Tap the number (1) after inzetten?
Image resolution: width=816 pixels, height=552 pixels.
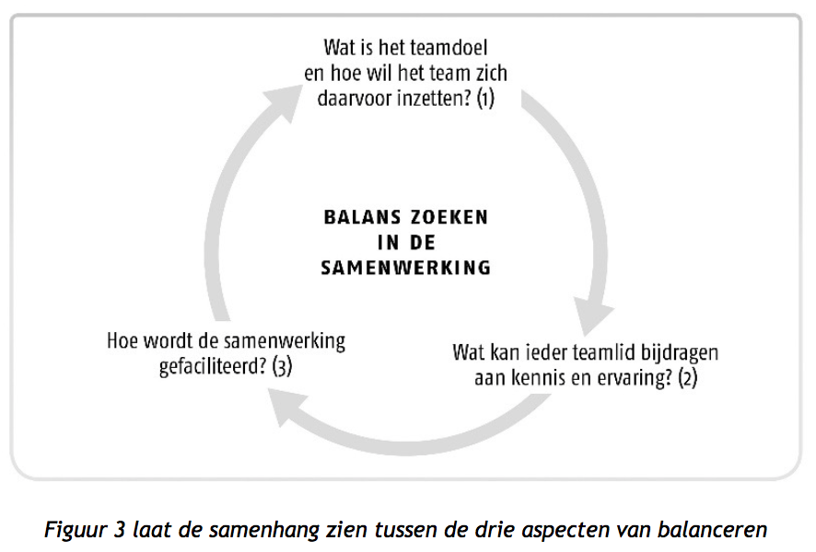485,98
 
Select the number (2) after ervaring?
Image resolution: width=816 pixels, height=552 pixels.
687,378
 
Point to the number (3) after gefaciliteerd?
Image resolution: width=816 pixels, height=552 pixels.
282,366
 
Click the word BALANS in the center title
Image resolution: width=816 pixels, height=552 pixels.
363,217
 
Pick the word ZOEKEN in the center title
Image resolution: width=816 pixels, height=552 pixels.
449,217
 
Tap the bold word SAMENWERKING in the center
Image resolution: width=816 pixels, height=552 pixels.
406,268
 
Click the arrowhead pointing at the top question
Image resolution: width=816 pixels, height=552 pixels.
282,103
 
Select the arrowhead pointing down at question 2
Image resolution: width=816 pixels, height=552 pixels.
593,315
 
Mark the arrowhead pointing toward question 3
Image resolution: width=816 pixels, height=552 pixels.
287,408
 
